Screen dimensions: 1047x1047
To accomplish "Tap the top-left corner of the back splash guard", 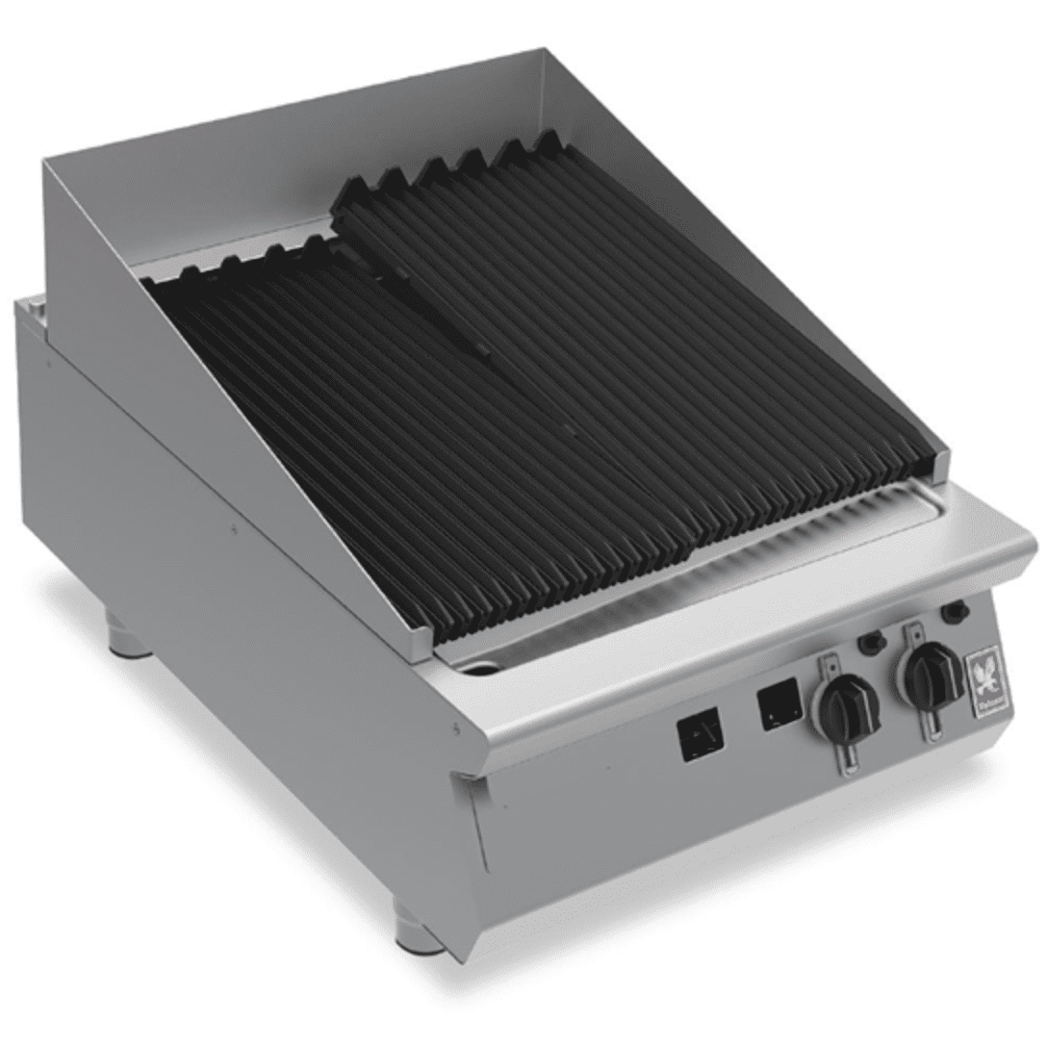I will (x=46, y=164).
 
